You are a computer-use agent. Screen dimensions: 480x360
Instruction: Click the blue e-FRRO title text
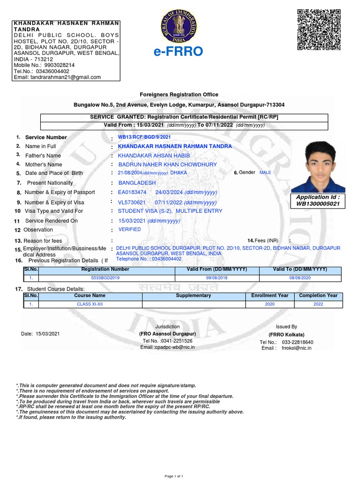pyautogui.click(x=178, y=52)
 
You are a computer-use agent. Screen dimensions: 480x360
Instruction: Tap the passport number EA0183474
pyautogui.click(x=132, y=193)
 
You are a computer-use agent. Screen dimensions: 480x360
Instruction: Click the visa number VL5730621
pyautogui.click(x=132, y=202)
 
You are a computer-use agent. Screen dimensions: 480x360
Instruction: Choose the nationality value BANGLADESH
pyautogui.click(x=137, y=183)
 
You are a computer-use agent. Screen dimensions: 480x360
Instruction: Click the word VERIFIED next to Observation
pyautogui.click(x=129, y=230)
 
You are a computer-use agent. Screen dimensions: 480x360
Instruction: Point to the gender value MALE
pyautogui.click(x=265, y=172)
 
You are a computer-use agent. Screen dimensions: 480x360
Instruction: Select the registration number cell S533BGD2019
pyautogui.click(x=105, y=278)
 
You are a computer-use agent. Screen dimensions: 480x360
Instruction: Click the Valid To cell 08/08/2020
pyautogui.click(x=300, y=278)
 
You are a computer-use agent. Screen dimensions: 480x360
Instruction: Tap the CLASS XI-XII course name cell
pyautogui.click(x=90, y=304)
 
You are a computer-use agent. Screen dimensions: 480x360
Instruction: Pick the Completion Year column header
pyautogui.click(x=318, y=296)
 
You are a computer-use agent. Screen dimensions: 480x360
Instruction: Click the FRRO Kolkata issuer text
pyautogui.click(x=286, y=335)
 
